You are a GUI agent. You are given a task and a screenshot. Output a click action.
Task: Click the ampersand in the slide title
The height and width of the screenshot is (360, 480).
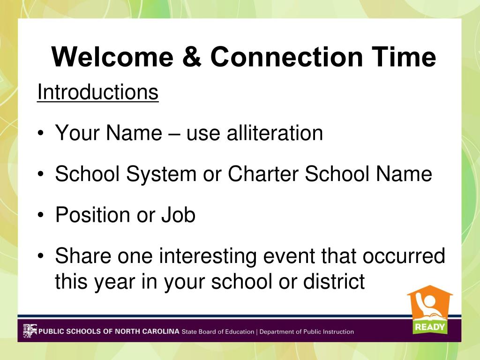coord(192,57)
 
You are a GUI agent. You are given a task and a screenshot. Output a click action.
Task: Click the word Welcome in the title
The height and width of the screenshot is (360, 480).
coord(112,57)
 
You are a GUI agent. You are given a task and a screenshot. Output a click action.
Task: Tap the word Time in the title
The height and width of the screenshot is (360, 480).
coord(404,57)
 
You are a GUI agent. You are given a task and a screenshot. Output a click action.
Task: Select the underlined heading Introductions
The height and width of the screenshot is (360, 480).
coord(97,92)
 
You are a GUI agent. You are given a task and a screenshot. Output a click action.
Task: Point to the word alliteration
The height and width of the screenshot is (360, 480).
coord(275,133)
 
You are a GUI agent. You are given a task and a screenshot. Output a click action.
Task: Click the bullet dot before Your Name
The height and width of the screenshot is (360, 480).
coord(41,134)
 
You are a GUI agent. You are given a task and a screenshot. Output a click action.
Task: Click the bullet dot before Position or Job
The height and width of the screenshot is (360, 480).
coord(41,215)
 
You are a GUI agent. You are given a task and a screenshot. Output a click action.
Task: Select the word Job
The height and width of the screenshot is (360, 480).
coord(179,215)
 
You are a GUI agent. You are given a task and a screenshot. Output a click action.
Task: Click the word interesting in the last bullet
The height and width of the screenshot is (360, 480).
coord(208,256)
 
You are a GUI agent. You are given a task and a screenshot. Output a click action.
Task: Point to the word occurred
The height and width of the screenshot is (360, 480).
coord(404,255)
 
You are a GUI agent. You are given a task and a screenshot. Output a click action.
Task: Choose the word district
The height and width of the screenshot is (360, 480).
coord(334,281)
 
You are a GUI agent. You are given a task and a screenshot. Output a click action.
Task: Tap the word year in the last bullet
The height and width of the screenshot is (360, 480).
coord(114,282)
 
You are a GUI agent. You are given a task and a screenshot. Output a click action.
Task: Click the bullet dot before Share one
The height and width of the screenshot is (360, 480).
coord(41,256)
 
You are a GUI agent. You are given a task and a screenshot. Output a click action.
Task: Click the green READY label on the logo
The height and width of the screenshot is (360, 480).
coord(430,327)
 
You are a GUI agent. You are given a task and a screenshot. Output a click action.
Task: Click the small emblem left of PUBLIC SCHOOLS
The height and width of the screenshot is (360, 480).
coord(30,331)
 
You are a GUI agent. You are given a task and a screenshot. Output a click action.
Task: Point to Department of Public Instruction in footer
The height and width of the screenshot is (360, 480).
coord(307,331)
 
